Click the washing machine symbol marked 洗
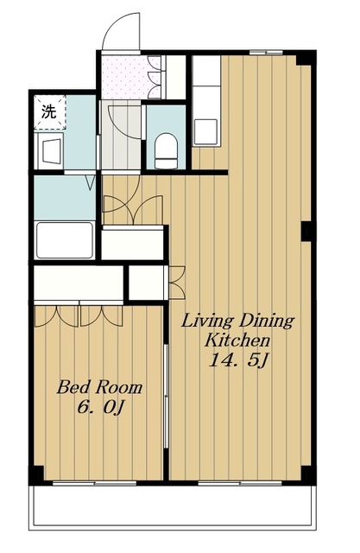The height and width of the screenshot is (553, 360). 50,112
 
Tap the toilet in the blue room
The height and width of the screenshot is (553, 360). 166,150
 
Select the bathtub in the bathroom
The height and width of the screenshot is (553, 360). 65,240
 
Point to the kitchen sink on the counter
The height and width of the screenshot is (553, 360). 205,131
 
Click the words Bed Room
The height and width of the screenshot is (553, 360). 99,387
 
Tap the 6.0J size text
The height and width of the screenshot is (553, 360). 100,409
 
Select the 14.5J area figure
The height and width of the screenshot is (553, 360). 238,360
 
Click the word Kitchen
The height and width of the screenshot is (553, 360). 237,340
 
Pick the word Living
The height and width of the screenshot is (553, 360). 207,321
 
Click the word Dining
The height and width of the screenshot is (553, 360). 267,321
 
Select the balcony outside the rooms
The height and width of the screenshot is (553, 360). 173,506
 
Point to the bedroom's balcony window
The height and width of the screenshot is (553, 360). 94,483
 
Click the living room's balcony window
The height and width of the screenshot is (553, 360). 240,483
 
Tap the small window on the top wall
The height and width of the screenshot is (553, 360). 266,53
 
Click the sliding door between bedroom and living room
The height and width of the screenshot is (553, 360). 167,396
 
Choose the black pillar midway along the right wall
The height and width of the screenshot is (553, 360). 306,232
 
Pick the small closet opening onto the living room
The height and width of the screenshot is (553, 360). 147,283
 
